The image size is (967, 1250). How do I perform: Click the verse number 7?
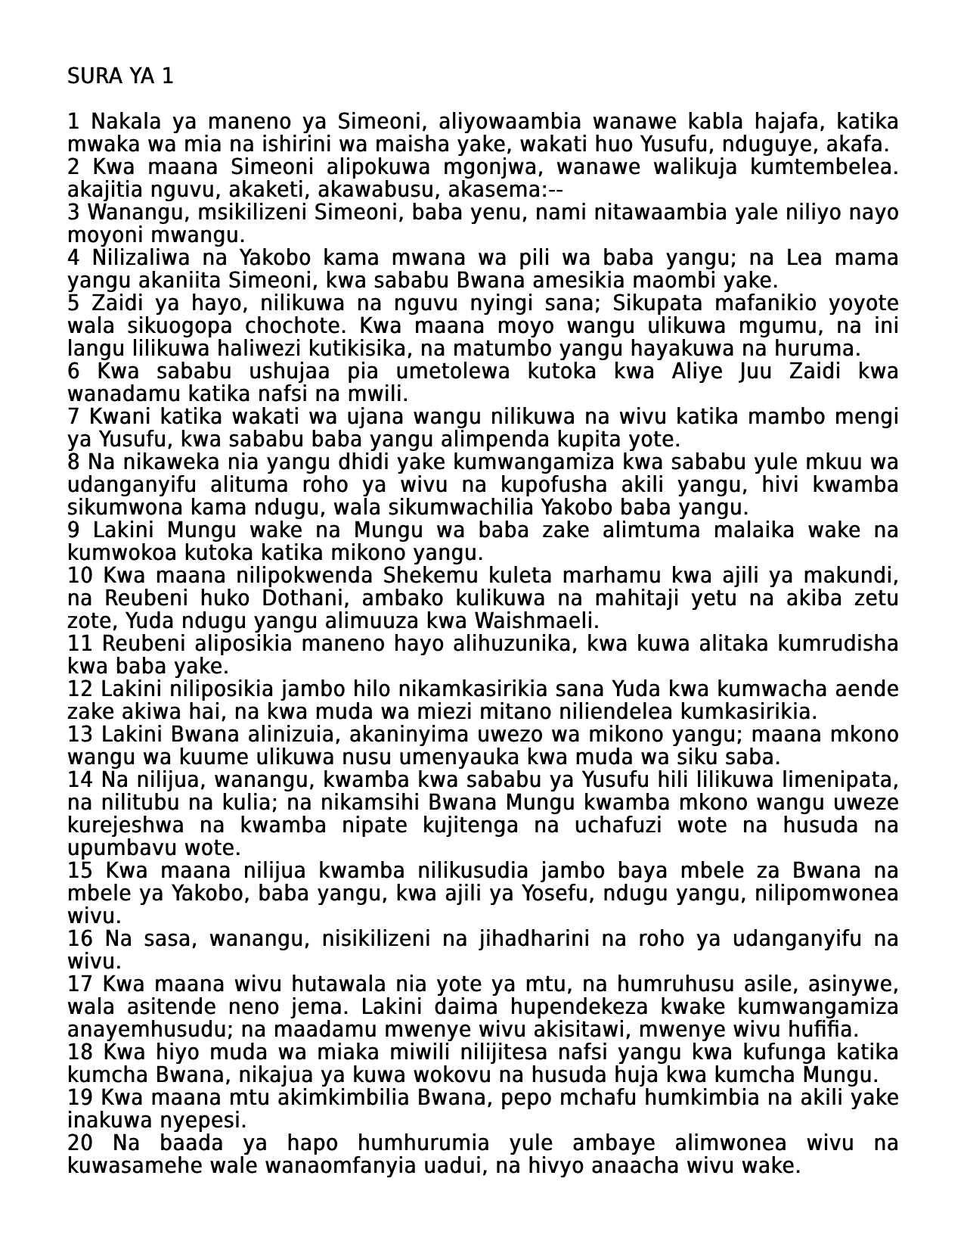click(x=73, y=417)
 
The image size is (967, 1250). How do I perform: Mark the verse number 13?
click(x=80, y=735)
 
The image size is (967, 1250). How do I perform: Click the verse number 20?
click(x=80, y=1143)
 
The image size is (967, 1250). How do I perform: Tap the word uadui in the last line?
click(x=454, y=1166)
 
